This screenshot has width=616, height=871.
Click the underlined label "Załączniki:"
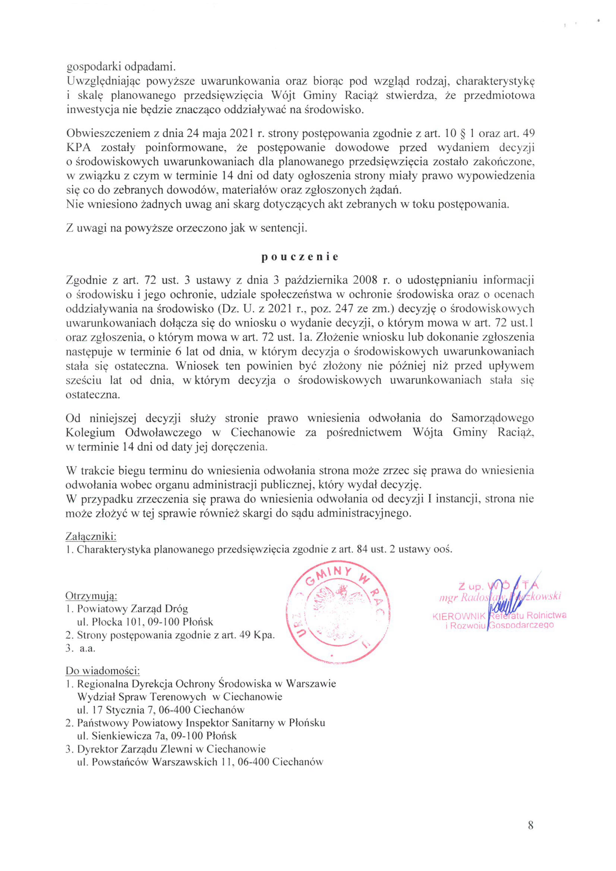click(91, 537)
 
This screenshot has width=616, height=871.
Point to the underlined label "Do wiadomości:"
click(103, 670)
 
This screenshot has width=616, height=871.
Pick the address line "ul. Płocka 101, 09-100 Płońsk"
click(145, 622)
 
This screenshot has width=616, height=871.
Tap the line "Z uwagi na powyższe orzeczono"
click(186, 228)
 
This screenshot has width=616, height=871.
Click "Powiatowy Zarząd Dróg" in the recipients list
click(132, 609)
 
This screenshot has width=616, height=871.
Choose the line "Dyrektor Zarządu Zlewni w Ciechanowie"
click(171, 749)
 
